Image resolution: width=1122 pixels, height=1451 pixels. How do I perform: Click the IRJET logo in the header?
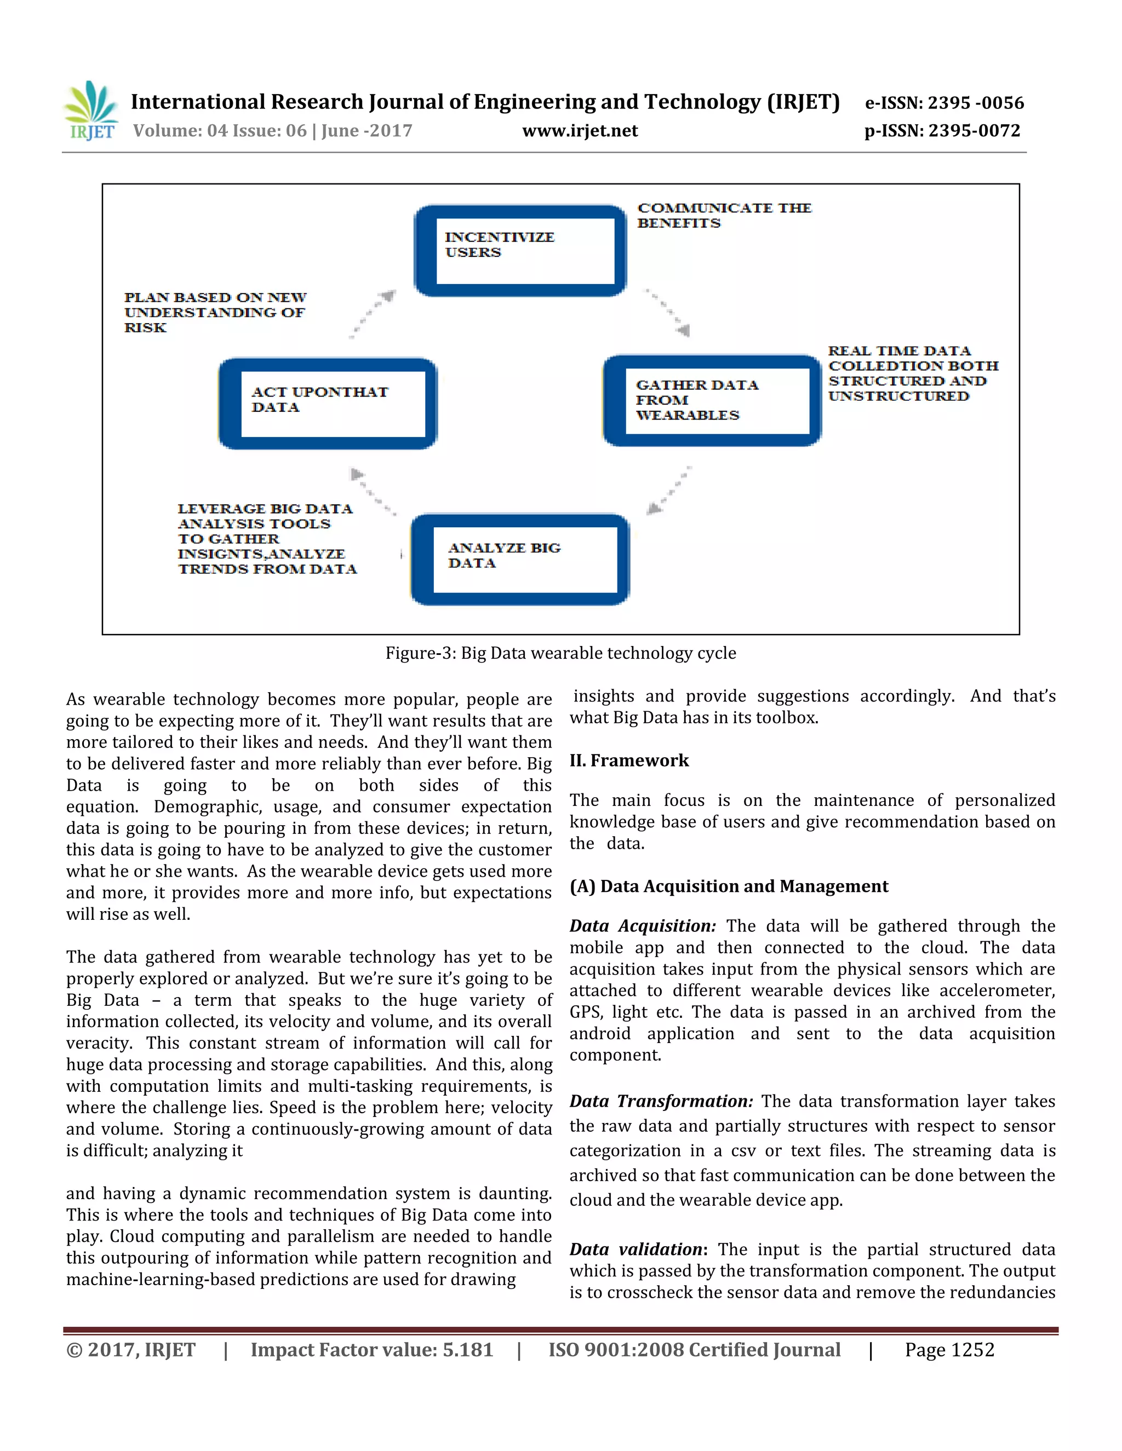90,111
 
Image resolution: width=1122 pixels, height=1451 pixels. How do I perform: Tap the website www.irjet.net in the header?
580,131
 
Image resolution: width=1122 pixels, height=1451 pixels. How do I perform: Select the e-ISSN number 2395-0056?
944,103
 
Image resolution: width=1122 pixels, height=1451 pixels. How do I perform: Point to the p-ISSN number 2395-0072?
942,131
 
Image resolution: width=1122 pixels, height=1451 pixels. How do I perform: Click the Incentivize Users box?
520,250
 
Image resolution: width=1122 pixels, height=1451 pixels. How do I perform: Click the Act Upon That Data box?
328,404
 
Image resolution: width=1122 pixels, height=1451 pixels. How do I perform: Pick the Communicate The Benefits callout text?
724,215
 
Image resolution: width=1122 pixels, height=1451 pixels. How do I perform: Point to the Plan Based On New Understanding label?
215,312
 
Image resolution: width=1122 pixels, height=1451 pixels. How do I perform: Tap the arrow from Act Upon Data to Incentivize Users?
373,314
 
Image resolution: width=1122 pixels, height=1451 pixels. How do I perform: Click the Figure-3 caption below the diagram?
560,653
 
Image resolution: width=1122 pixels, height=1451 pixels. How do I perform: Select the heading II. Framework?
629,760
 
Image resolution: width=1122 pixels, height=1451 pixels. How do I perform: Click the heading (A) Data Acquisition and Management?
729,886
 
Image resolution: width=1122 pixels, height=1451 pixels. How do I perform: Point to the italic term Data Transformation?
661,1102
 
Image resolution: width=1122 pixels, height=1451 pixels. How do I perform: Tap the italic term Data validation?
636,1250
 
